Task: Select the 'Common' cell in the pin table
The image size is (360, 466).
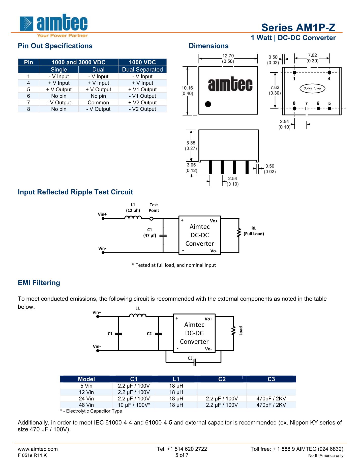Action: [98, 103]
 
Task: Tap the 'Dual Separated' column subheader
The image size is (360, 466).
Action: [142, 70]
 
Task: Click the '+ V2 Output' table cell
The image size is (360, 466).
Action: [142, 103]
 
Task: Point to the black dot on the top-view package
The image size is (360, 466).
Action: [208, 104]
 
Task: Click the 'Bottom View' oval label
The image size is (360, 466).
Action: [312, 89]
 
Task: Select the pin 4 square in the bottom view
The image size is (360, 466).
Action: [329, 72]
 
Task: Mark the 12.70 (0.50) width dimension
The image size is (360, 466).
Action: [228, 59]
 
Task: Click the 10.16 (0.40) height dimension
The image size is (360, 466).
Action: [187, 91]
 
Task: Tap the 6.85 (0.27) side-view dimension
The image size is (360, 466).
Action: [191, 146]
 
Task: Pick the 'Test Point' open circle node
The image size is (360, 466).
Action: [152, 219]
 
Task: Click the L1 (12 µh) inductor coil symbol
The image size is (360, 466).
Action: [133, 217]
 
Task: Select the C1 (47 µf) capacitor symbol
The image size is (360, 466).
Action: [163, 236]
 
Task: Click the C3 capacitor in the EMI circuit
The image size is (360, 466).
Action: [195, 363]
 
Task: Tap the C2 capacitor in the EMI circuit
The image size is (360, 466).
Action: [159, 334]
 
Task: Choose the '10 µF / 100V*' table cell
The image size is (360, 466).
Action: [134, 405]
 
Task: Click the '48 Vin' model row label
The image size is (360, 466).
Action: [86, 405]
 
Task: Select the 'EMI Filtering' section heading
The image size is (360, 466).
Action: [39, 283]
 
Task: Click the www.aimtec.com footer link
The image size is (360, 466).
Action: [38, 449]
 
